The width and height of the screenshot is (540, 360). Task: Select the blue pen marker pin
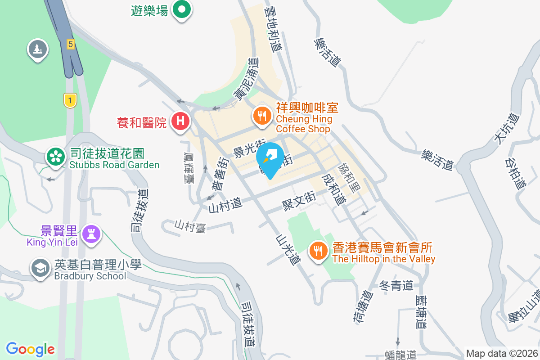point(270,158)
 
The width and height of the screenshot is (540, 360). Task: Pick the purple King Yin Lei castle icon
point(92,234)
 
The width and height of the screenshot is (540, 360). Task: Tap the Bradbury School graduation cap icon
point(40,268)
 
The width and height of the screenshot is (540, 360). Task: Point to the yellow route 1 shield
point(70,100)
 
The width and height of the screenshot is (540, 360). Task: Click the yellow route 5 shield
point(70,44)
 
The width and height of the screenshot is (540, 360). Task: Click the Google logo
point(30,349)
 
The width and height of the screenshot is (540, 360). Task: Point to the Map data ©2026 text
point(502,353)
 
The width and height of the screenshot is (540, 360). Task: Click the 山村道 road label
point(225,206)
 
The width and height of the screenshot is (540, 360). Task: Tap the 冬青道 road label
point(396,285)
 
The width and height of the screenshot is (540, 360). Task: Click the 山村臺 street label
point(190,226)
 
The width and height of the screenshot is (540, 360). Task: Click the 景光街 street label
point(249,148)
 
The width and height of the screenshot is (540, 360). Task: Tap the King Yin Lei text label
point(53,243)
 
